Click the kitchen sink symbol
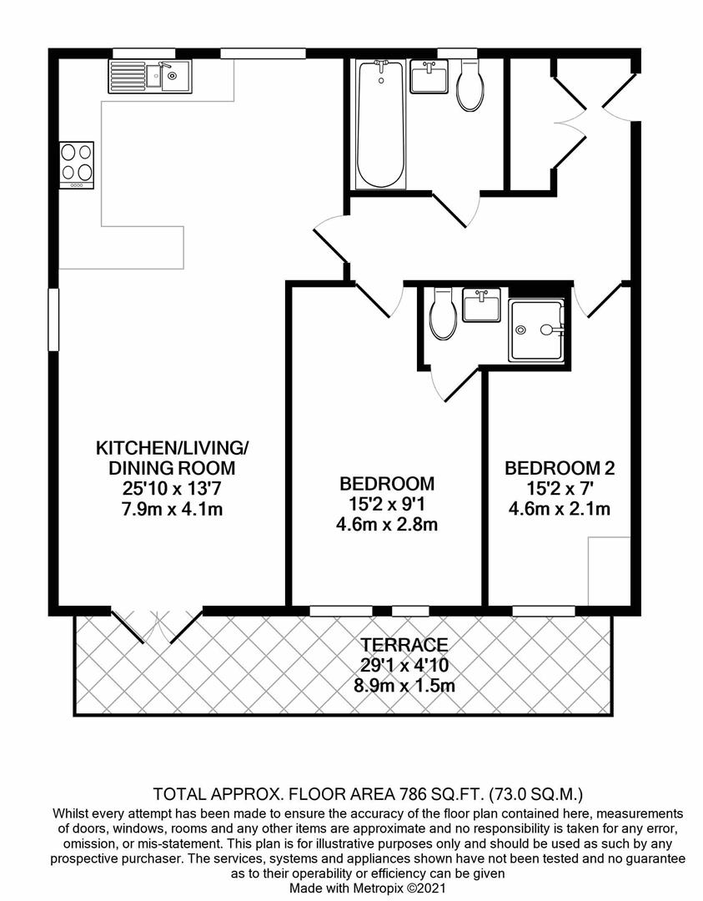[x=149, y=77]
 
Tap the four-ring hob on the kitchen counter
[x=76, y=165]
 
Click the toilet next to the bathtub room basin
[x=470, y=87]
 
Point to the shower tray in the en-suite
[x=537, y=330]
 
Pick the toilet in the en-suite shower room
[x=442, y=315]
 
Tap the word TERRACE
[x=404, y=644]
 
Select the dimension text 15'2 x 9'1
[x=387, y=504]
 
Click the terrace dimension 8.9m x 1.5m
[x=404, y=686]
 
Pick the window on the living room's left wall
[x=53, y=320]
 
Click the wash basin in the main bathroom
[x=429, y=77]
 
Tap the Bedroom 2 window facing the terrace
[x=535, y=610]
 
